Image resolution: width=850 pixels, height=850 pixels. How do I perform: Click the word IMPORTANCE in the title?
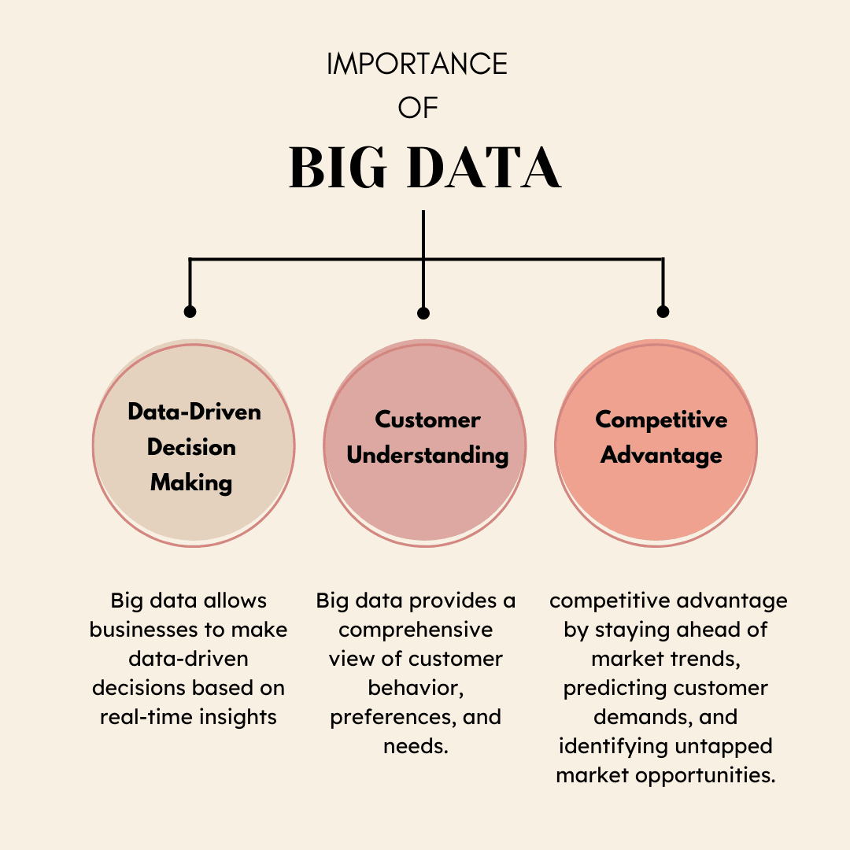point(417,65)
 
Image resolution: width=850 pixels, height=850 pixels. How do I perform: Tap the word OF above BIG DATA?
point(417,108)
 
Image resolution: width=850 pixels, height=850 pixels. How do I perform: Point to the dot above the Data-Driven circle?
point(190,312)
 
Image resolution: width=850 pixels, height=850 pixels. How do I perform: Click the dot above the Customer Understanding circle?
point(423,313)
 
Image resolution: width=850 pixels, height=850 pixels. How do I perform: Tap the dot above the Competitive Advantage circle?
point(663,312)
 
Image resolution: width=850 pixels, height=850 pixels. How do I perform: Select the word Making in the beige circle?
point(191,482)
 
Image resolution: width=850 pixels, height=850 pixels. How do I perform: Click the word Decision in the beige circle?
point(191,447)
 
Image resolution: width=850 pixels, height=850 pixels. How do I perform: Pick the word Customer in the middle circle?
point(427,419)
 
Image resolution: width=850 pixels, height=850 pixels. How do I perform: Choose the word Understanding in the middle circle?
point(427,455)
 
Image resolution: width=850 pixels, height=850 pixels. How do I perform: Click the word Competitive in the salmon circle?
point(661,419)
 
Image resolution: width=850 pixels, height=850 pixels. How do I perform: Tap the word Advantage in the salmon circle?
point(661,455)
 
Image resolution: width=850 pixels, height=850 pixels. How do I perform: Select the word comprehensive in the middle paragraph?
point(416,630)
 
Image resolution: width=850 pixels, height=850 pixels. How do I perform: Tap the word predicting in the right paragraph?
point(611,688)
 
